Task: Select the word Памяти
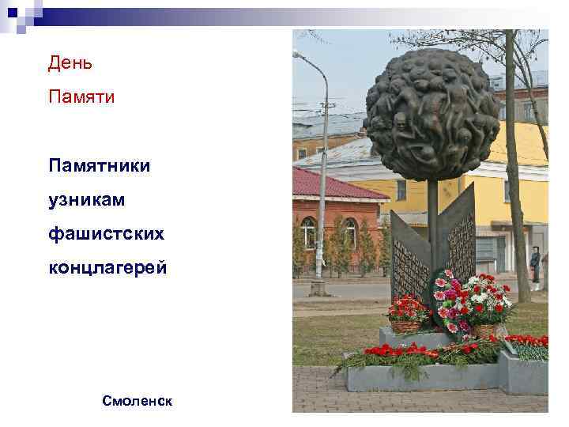point(81,97)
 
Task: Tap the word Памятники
point(100,166)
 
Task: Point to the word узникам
point(86,201)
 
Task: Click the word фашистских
point(106,235)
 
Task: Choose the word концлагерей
point(107,269)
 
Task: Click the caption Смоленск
point(137,401)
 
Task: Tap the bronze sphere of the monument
point(432,111)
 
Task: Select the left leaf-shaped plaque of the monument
point(409,261)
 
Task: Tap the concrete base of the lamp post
point(318,288)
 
